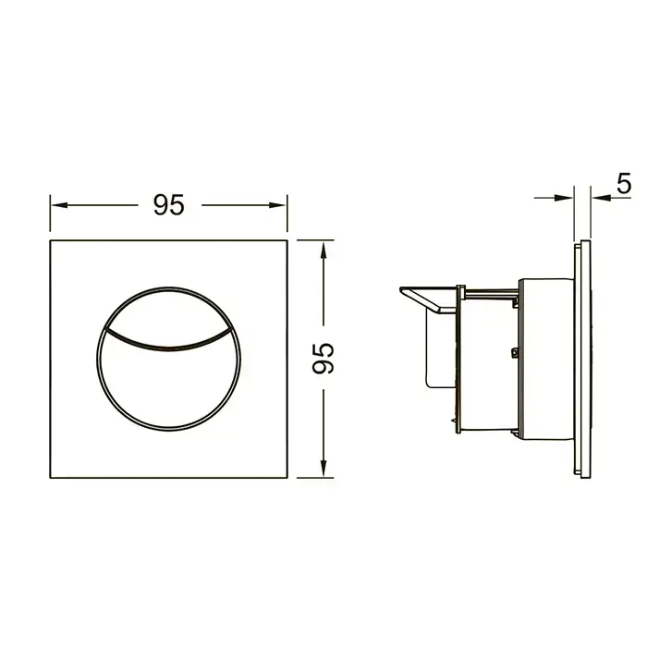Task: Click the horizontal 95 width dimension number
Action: pyautogui.click(x=169, y=204)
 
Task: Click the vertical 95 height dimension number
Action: pyautogui.click(x=323, y=359)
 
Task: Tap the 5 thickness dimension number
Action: pyautogui.click(x=624, y=184)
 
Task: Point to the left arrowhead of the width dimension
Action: pyautogui.click(x=59, y=205)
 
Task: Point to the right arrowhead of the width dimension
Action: pyautogui.click(x=277, y=205)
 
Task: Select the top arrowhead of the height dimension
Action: pyautogui.click(x=323, y=250)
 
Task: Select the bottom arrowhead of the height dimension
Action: pyautogui.click(x=323, y=469)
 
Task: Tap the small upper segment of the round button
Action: pyautogui.click(x=169, y=314)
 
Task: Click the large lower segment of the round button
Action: pyautogui.click(x=169, y=388)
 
